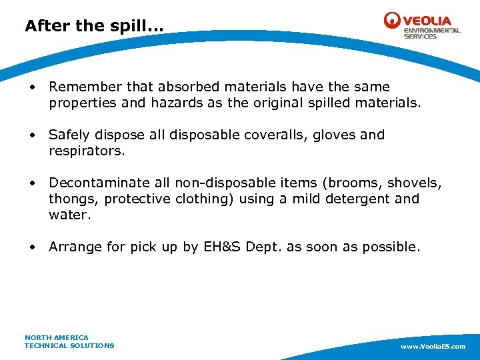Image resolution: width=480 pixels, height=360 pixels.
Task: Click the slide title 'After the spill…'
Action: click(93, 26)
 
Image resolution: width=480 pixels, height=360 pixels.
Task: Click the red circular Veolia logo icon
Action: click(392, 21)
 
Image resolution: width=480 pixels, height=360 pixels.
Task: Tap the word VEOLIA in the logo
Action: click(427, 20)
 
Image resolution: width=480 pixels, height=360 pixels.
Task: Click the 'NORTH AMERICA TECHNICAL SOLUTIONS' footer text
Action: click(69, 341)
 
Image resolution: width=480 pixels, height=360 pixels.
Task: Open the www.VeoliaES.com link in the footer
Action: click(433, 347)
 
